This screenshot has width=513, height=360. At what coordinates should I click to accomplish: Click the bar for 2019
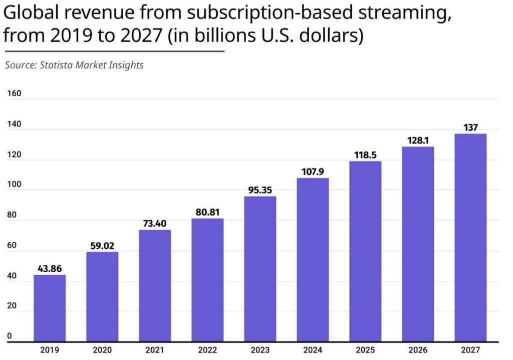pos(50,308)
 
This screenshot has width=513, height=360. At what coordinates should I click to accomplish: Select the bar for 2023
pos(260,269)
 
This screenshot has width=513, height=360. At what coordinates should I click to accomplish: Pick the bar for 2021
pos(155,285)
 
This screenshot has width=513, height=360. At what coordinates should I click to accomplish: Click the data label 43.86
pos(50,269)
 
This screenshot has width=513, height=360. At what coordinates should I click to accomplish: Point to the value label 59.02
pos(102,246)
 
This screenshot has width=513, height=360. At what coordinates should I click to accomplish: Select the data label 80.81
pos(207,212)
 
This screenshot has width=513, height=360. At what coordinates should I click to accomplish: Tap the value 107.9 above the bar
pos(313,172)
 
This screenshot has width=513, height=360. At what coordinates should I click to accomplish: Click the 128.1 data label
pos(418,141)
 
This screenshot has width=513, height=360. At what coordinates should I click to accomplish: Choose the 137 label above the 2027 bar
pos(470,128)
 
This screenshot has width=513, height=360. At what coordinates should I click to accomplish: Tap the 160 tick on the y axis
pos(14,93)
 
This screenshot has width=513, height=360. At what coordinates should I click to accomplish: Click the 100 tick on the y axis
pos(14,185)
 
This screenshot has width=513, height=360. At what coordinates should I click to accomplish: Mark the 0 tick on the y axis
pos(9,336)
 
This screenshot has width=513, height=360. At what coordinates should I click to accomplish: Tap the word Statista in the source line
pos(56,65)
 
